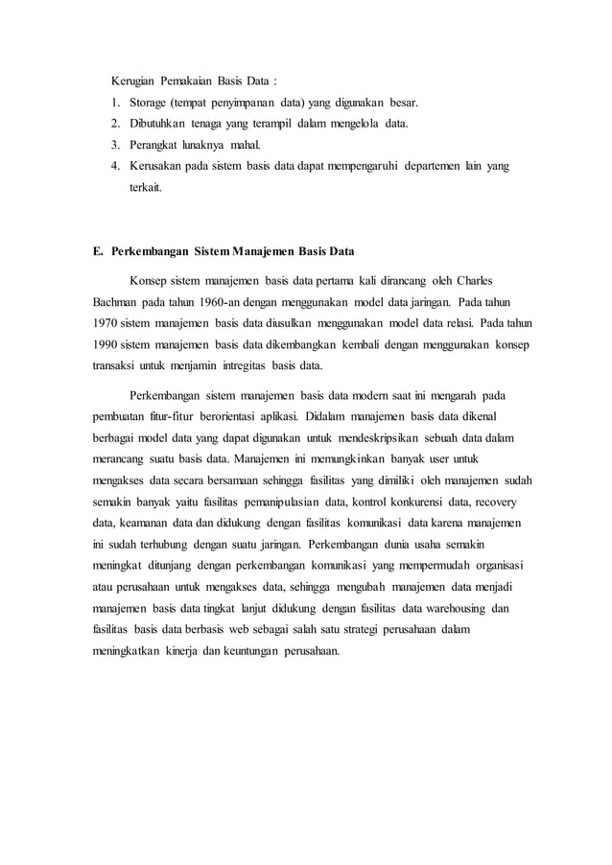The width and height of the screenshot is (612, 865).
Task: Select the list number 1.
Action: click(x=113, y=102)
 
